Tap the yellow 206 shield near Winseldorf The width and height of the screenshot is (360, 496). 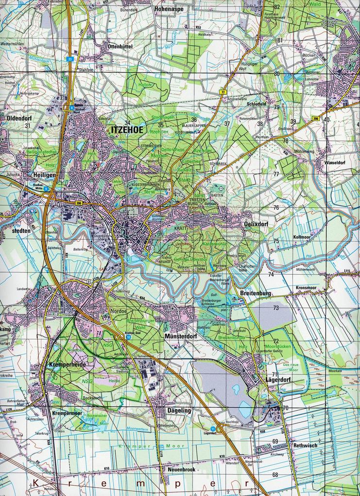tap(315, 119)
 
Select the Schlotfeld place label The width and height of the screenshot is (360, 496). tap(257, 104)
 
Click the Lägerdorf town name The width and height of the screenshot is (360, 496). tap(278, 379)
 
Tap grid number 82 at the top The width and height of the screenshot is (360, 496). tap(277, 7)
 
